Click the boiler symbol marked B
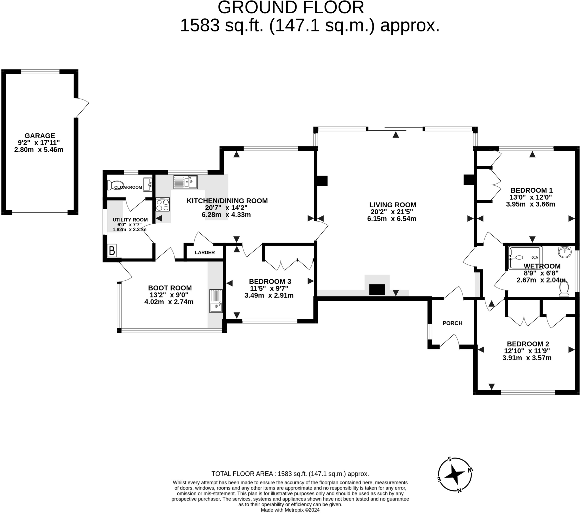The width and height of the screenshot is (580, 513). point(112,251)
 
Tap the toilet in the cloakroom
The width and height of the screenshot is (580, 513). point(110,185)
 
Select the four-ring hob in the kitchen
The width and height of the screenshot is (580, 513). point(163,205)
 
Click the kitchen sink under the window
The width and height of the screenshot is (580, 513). point(185,182)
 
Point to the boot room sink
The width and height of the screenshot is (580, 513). point(216,301)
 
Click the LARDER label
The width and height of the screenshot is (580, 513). point(204,252)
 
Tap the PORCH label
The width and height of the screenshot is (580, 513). point(452,323)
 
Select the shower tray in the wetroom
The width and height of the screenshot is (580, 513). point(525,258)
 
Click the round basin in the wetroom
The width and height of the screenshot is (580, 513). point(564,252)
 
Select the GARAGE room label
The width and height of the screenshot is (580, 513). point(40,136)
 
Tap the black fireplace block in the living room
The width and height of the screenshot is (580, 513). point(377,290)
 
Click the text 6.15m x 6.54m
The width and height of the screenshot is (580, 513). point(392,219)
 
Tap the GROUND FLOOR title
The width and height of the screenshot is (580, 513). point(291,8)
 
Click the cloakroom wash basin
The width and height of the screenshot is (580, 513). point(147,184)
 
